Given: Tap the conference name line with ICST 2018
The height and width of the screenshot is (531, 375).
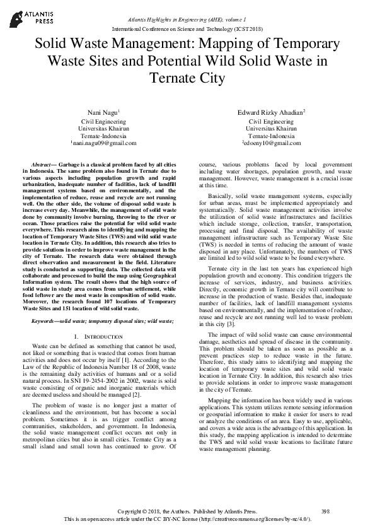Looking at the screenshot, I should tap(188, 30).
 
